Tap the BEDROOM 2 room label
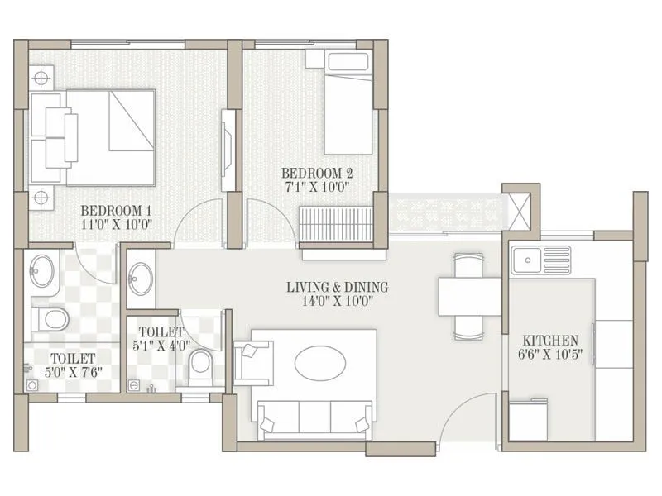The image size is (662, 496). coord(317,173)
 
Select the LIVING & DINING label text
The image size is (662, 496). coord(337,288)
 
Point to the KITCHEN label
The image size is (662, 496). coord(550,341)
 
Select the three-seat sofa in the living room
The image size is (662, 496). coord(315,417)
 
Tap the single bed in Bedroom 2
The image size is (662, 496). coord(348,112)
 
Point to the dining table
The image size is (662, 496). coord(469,296)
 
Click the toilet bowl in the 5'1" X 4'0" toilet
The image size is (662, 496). coord(200,366)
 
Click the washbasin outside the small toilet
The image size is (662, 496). coord(141,276)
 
